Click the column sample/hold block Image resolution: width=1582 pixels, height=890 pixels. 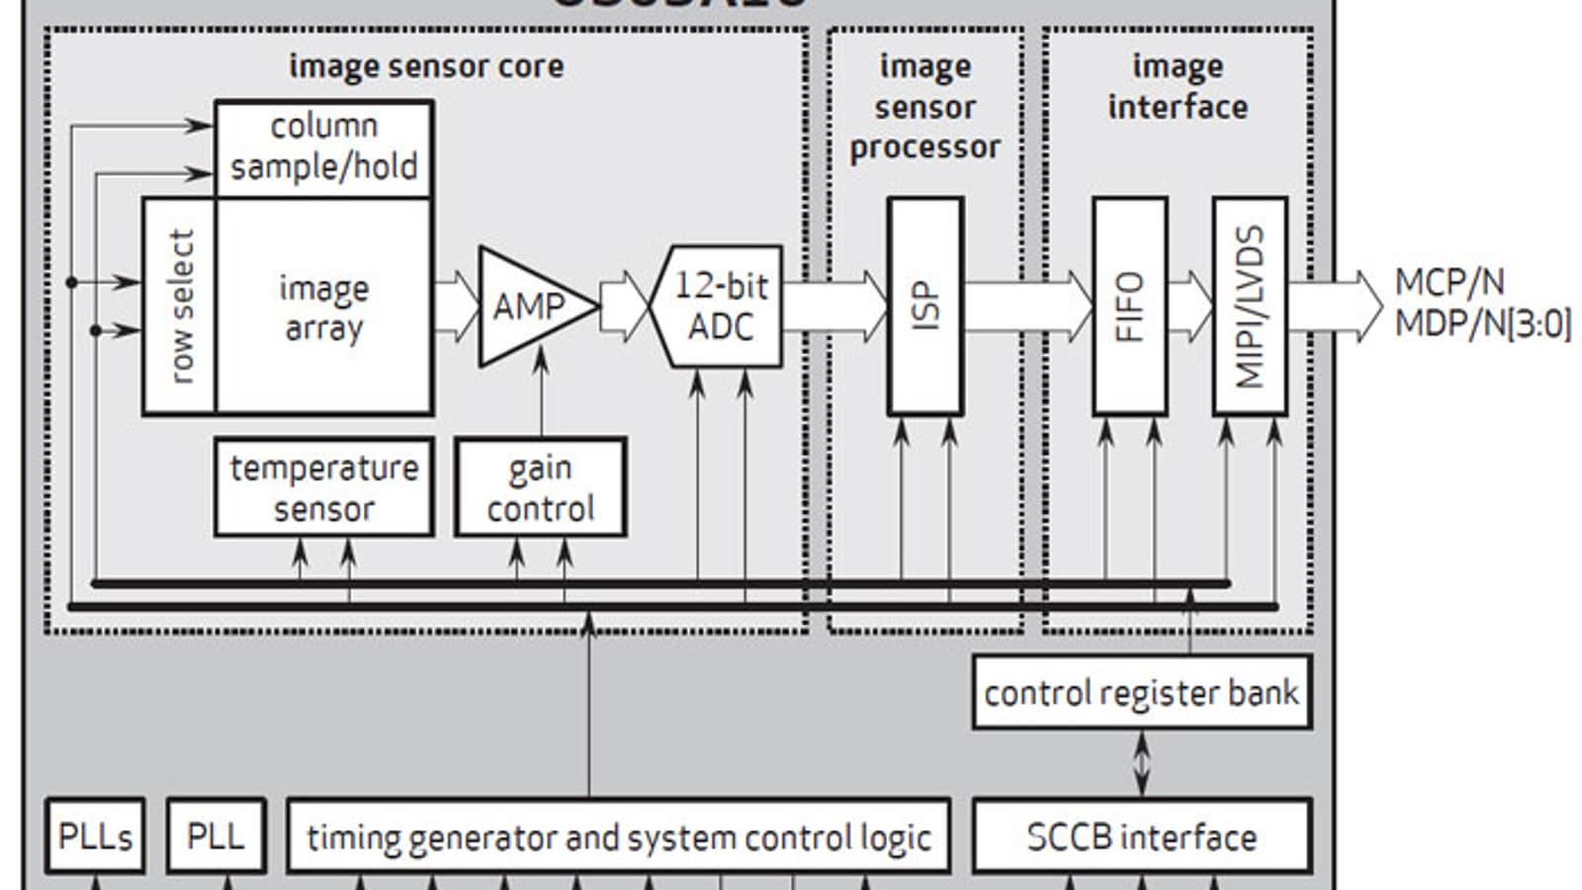click(323, 147)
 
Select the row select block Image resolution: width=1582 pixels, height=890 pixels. click(180, 306)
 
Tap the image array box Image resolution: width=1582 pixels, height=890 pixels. click(323, 307)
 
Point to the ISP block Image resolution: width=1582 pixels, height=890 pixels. click(924, 306)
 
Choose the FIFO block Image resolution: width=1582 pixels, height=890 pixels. click(1129, 306)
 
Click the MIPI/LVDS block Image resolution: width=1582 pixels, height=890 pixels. click(1250, 306)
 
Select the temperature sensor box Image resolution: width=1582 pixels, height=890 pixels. click(323, 488)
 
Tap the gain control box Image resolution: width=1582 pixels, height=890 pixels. click(540, 488)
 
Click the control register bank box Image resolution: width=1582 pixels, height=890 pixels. click(1142, 692)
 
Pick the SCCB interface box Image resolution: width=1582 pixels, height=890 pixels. click(1142, 837)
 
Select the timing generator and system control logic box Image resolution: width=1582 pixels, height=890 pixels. click(618, 837)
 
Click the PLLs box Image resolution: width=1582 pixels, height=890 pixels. click(95, 837)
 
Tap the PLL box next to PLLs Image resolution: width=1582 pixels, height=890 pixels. click(216, 837)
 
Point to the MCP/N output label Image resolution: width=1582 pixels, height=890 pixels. click(1450, 283)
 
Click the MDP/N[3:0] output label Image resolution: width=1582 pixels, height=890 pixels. click(1482, 324)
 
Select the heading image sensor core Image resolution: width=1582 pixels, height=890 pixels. click(426, 66)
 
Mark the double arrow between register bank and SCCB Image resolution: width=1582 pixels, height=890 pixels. click(1142, 763)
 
